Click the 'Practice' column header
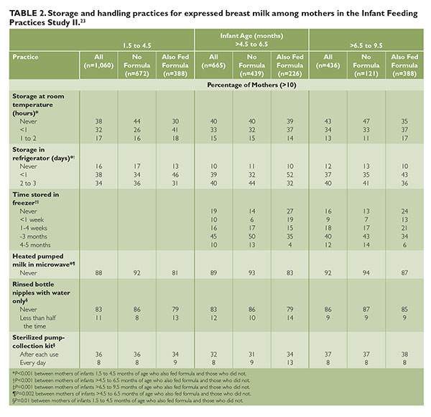25,57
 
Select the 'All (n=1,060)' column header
98,61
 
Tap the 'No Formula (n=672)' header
137,65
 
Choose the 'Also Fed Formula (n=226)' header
290,65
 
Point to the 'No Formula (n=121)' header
366,65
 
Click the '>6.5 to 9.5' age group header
366,45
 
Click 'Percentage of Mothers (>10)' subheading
252,85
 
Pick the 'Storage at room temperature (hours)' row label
38,104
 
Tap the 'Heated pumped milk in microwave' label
44,260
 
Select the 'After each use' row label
39,354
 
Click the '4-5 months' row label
35,245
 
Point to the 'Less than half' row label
38,318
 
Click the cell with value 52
290,175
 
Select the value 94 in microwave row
366,273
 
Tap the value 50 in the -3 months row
252,237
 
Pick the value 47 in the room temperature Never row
366,122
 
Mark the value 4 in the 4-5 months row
290,245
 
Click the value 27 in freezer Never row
290,211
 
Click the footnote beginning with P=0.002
131,393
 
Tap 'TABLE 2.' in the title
28,13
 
